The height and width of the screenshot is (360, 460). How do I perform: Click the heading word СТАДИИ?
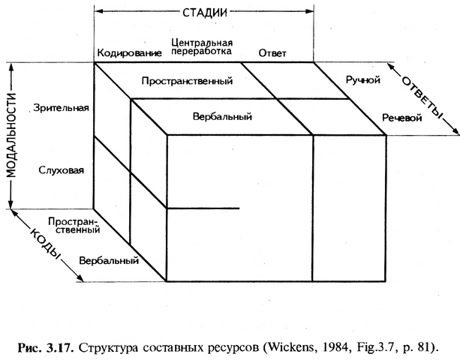click(x=205, y=12)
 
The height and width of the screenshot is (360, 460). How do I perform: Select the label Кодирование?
click(x=129, y=53)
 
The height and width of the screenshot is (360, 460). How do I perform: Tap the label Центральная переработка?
click(x=202, y=47)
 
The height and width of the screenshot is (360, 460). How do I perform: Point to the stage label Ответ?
click(x=272, y=53)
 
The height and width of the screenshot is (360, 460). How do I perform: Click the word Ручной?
click(x=363, y=80)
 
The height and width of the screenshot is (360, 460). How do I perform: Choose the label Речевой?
click(x=402, y=118)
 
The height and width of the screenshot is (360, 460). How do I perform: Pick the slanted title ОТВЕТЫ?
click(x=422, y=98)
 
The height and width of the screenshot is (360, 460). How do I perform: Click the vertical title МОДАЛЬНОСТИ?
click(x=11, y=136)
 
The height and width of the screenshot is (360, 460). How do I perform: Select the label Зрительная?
click(x=61, y=108)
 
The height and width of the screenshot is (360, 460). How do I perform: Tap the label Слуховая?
click(x=62, y=170)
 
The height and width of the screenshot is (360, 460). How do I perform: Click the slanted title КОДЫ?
click(x=44, y=243)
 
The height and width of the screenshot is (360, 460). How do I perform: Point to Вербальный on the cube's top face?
click(x=222, y=117)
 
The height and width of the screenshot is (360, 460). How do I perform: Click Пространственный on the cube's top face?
click(x=187, y=80)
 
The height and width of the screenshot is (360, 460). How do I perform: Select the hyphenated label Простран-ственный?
click(x=74, y=225)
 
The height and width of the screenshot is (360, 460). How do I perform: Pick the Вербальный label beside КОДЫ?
click(x=109, y=260)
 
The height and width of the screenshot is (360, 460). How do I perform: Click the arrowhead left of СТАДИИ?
click(x=98, y=11)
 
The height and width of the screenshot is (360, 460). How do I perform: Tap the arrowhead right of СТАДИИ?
click(x=310, y=11)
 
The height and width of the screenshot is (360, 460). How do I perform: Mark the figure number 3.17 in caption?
click(x=59, y=348)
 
